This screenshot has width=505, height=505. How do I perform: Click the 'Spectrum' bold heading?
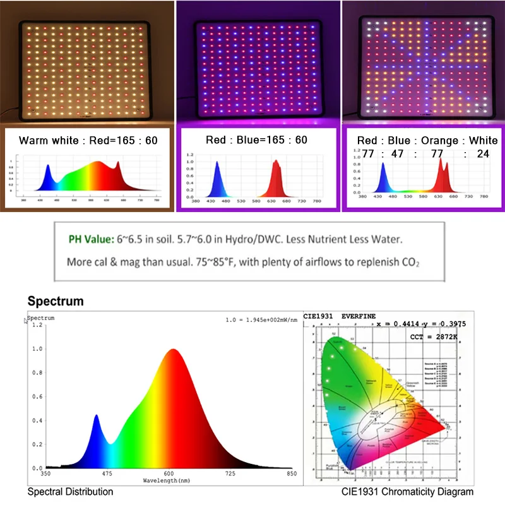(56, 301)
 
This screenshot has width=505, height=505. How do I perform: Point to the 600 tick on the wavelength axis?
(169, 473)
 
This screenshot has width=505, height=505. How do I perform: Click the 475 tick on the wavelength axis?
(107, 473)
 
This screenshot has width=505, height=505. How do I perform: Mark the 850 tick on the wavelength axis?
(291, 473)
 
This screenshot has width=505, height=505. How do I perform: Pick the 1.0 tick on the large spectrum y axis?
(36, 348)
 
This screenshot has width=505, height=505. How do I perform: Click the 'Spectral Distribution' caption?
(70, 492)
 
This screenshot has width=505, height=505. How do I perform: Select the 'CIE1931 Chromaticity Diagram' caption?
(408, 492)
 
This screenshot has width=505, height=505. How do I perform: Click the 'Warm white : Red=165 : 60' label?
(88, 140)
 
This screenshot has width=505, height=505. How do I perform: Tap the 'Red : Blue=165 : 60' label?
(256, 140)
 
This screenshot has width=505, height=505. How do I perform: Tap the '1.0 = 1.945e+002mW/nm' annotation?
(261, 320)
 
